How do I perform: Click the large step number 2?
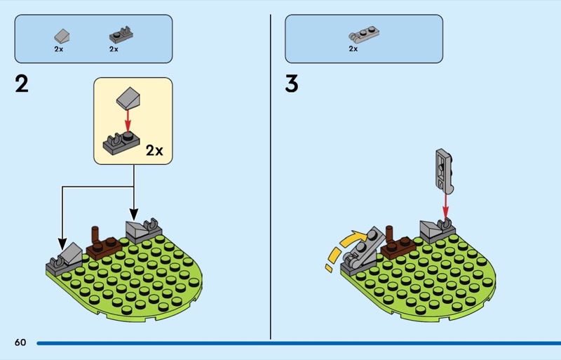click(22, 84)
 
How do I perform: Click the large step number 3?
click(292, 84)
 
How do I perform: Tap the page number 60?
click(20, 342)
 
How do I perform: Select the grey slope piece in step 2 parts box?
click(61, 35)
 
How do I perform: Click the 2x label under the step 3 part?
click(353, 49)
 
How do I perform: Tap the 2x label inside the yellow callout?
click(154, 150)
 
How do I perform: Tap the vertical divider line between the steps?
click(271, 175)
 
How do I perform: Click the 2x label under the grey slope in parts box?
click(59, 49)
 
